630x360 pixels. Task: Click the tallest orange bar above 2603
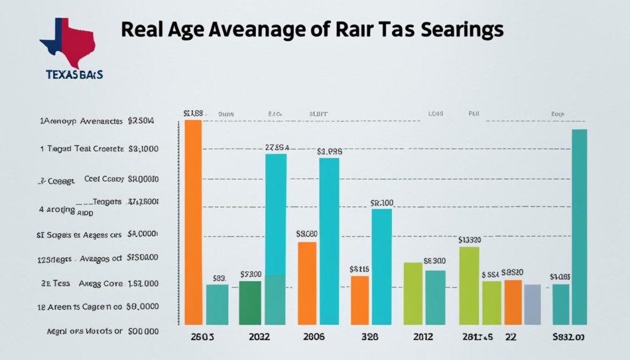[x=193, y=222]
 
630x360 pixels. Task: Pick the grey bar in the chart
[x=532, y=304]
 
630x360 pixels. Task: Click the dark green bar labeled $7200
[x=250, y=302]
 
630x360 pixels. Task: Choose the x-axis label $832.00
[x=568, y=337]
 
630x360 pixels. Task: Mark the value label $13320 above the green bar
[x=470, y=240]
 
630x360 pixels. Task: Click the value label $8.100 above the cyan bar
[x=381, y=202]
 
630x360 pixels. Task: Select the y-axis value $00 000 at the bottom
[x=143, y=331]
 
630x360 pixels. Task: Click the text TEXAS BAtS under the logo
[x=74, y=74]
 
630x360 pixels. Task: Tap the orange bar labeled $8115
[x=360, y=300]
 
